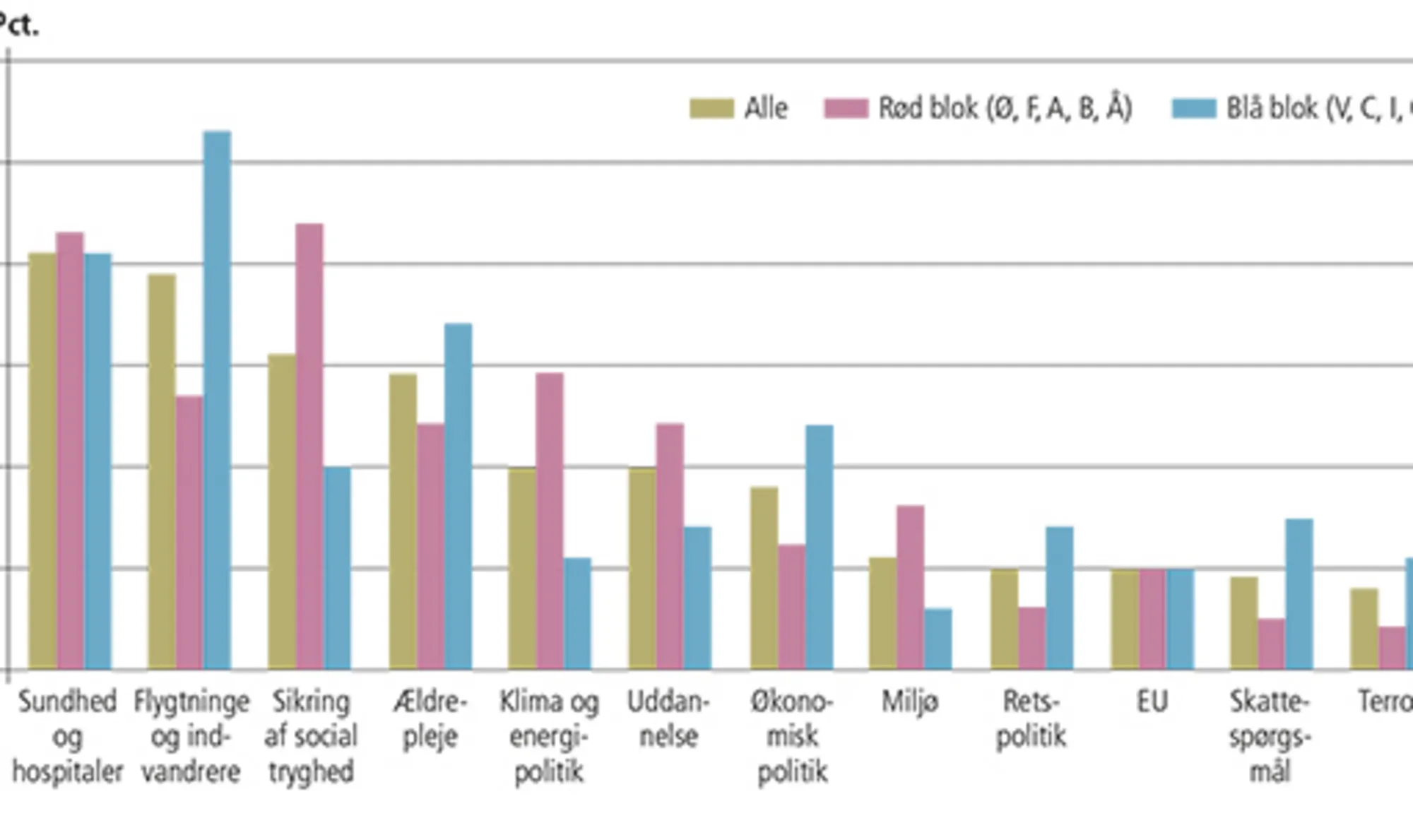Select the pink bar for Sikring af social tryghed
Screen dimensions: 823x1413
309,446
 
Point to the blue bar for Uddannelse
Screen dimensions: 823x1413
698,598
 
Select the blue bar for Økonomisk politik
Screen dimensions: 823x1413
820,547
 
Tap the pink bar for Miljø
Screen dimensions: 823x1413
911,587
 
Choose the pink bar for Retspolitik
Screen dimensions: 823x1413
1031,638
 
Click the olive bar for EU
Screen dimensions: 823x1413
1125,619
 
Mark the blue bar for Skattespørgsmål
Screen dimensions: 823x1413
1299,594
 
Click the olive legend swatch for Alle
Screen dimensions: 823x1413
711,109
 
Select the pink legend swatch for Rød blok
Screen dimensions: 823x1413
846,109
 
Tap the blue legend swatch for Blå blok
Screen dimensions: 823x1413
1194,109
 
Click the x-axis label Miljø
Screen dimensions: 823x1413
910,702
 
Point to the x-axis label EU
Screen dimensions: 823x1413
1152,702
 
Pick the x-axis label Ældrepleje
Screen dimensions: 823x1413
430,719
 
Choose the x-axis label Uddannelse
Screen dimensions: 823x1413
668,719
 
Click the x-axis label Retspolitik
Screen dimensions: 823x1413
1031,719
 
